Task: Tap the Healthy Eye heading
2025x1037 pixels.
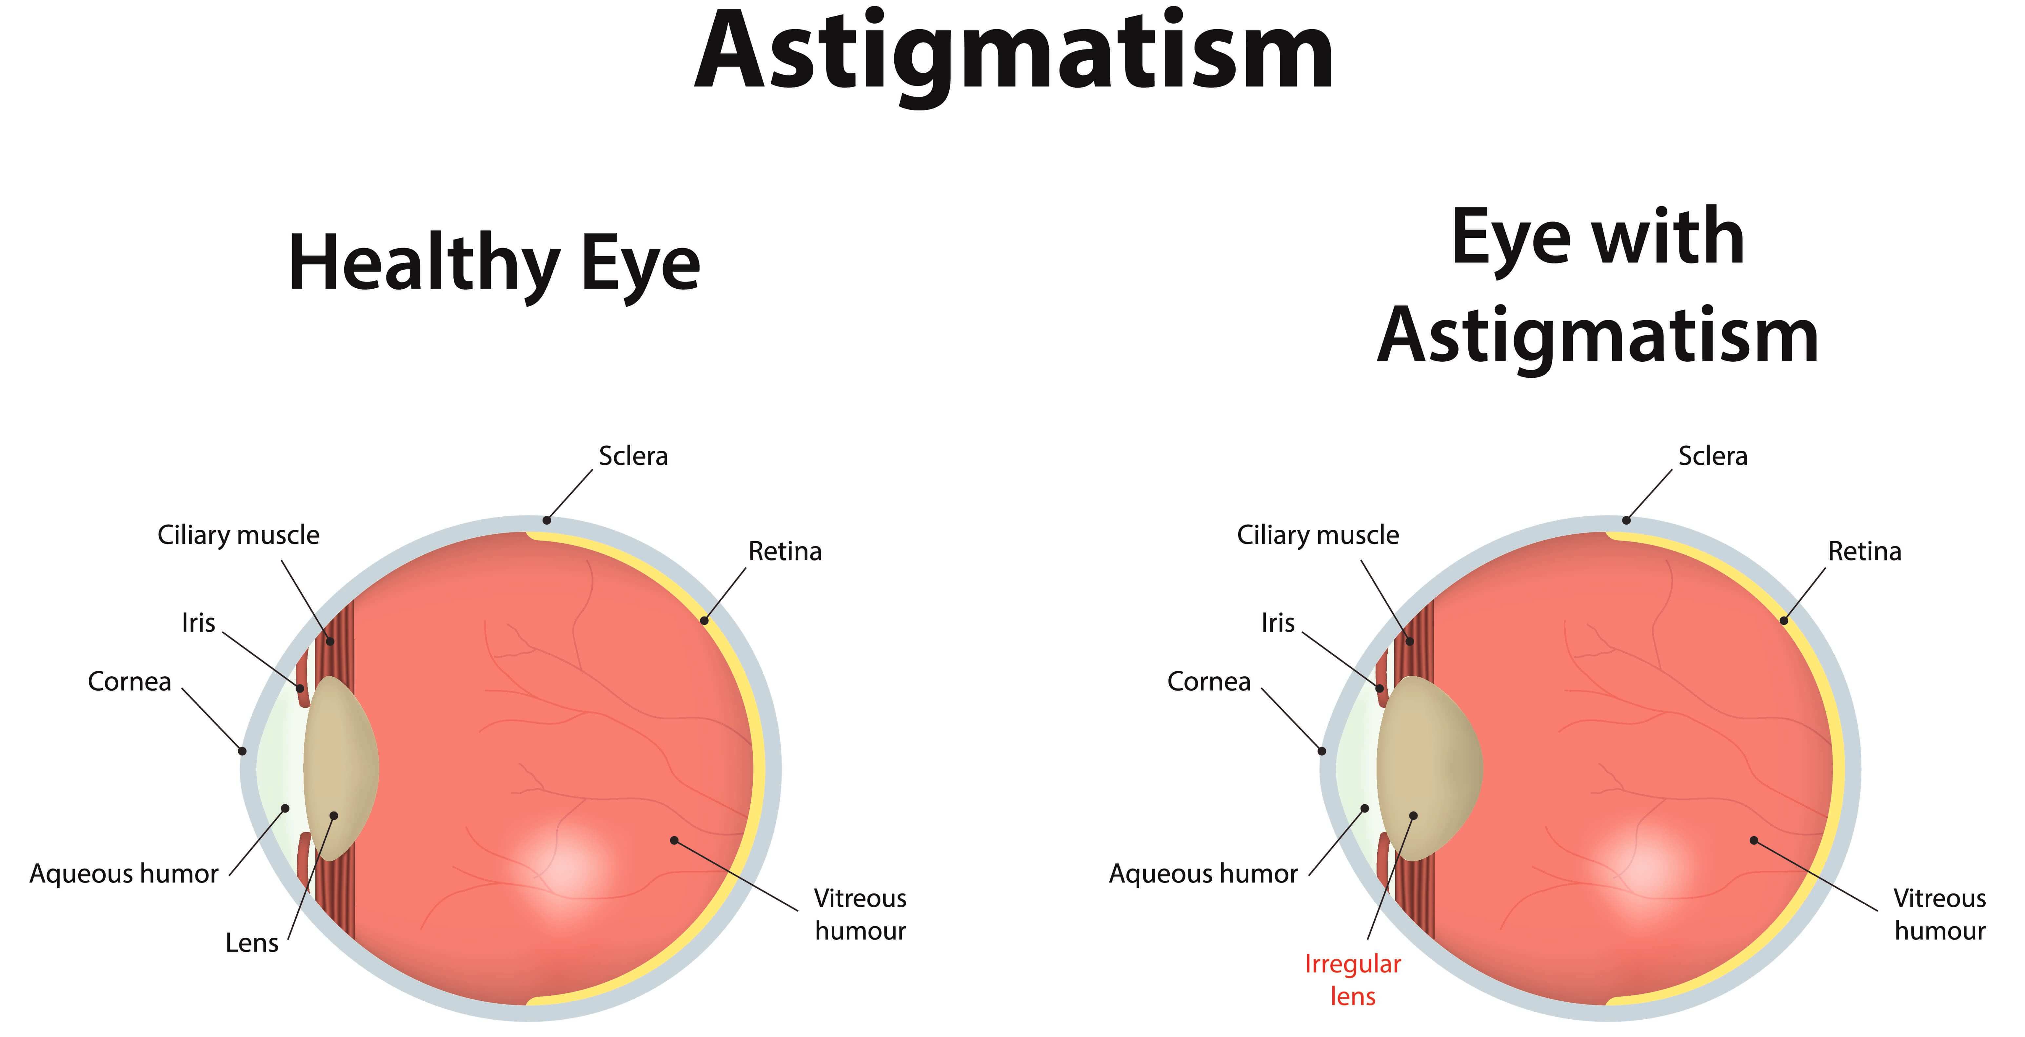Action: (x=494, y=263)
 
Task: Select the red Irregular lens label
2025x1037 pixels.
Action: (x=1352, y=980)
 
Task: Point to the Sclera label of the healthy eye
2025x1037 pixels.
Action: (x=633, y=456)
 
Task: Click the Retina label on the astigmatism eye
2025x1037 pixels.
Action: (x=1864, y=551)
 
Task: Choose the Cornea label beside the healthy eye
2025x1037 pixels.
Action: (x=129, y=681)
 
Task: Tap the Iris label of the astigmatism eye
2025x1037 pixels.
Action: (x=1278, y=623)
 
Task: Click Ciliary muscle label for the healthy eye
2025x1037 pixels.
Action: (x=238, y=535)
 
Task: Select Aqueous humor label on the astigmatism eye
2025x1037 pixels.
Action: (x=1203, y=874)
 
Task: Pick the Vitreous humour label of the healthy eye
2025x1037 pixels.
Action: (x=860, y=914)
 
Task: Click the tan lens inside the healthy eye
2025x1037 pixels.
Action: (x=340, y=766)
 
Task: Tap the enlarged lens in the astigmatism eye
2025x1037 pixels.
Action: (x=1427, y=766)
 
